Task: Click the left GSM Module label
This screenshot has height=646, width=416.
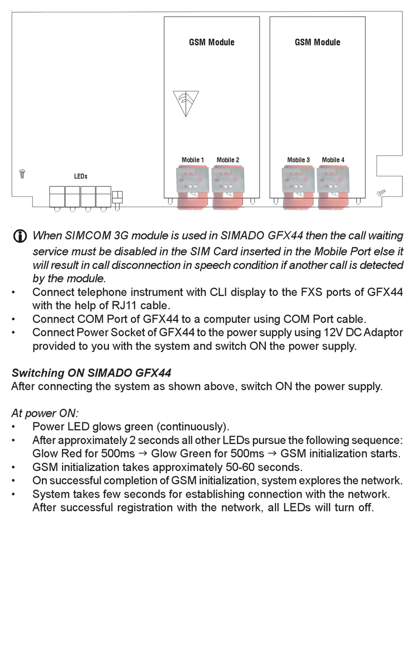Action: pos(212,42)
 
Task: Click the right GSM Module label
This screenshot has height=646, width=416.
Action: pos(317,42)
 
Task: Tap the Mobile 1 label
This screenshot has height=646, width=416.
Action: pos(193,160)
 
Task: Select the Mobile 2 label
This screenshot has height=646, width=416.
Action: pos(228,160)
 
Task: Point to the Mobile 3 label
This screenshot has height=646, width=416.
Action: pos(298,160)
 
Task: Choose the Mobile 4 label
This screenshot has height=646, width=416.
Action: pos(333,160)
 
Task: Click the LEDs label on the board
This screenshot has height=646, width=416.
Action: pos(81,176)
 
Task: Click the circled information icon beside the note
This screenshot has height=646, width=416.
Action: pos(20,236)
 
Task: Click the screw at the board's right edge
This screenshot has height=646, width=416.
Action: pos(381,192)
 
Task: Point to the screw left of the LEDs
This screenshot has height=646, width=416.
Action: pos(22,174)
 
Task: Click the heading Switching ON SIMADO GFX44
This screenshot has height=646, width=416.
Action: pos(91,373)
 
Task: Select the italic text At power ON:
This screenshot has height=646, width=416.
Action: pos(45,413)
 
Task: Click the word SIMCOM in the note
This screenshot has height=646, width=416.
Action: pos(88,236)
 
